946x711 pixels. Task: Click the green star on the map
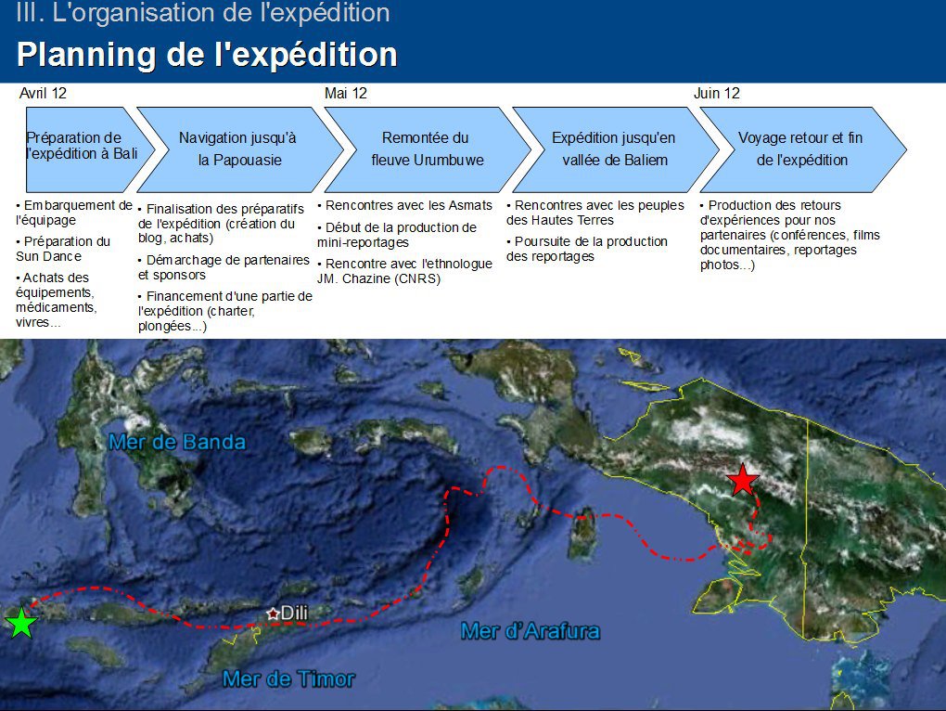[21, 623]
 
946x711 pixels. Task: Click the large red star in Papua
[742, 480]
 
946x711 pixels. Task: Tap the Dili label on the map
[294, 613]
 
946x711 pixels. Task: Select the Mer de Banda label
[177, 442]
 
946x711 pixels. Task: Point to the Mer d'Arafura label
[531, 631]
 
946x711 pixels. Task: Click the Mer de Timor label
[288, 679]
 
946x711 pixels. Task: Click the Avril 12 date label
[43, 94]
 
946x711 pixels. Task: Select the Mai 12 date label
[346, 94]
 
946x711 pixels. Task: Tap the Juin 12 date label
[717, 94]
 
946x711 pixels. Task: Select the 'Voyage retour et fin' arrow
[803, 149]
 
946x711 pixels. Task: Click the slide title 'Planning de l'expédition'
[207, 55]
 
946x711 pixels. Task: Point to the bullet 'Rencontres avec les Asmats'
[404, 206]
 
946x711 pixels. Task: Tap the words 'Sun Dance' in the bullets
[49, 256]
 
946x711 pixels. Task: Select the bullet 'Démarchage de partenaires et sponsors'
[224, 267]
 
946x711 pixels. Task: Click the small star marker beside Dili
[273, 614]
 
